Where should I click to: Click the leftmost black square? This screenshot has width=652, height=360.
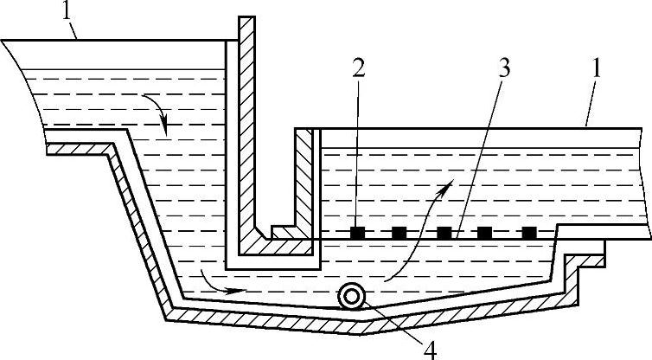(x=356, y=232)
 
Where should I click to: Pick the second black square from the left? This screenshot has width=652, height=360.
(x=399, y=232)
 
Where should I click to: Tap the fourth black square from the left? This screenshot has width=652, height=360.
(x=485, y=232)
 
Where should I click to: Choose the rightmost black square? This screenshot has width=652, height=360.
(x=529, y=232)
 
